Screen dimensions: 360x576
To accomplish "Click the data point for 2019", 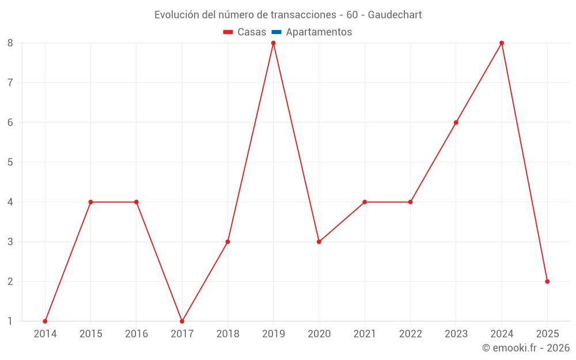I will [274, 43].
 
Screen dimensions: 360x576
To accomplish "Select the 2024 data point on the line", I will [502, 43].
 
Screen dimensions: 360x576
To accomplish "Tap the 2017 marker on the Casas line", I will [182, 321].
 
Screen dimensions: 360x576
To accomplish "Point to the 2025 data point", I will [547, 282].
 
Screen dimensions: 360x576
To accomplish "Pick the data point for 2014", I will [45, 321].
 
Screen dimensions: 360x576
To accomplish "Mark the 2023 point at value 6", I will [456, 123].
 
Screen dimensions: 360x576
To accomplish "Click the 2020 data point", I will [319, 242].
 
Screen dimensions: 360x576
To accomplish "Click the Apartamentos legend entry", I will [319, 32].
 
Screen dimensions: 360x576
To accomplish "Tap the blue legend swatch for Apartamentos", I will [276, 32].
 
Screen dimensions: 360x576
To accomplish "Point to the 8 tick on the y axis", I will [10, 43].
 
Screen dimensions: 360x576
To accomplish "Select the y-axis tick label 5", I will [10, 162].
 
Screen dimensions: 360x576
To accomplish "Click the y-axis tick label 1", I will [10, 321].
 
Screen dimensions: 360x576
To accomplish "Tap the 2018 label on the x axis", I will [228, 334].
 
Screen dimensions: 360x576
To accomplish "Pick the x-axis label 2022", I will [410, 334].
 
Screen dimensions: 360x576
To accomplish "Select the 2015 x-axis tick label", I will [90, 334].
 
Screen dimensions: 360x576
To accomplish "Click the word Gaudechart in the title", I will [395, 15].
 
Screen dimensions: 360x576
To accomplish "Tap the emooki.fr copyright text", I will [526, 348].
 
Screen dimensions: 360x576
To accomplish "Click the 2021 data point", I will [365, 202].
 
